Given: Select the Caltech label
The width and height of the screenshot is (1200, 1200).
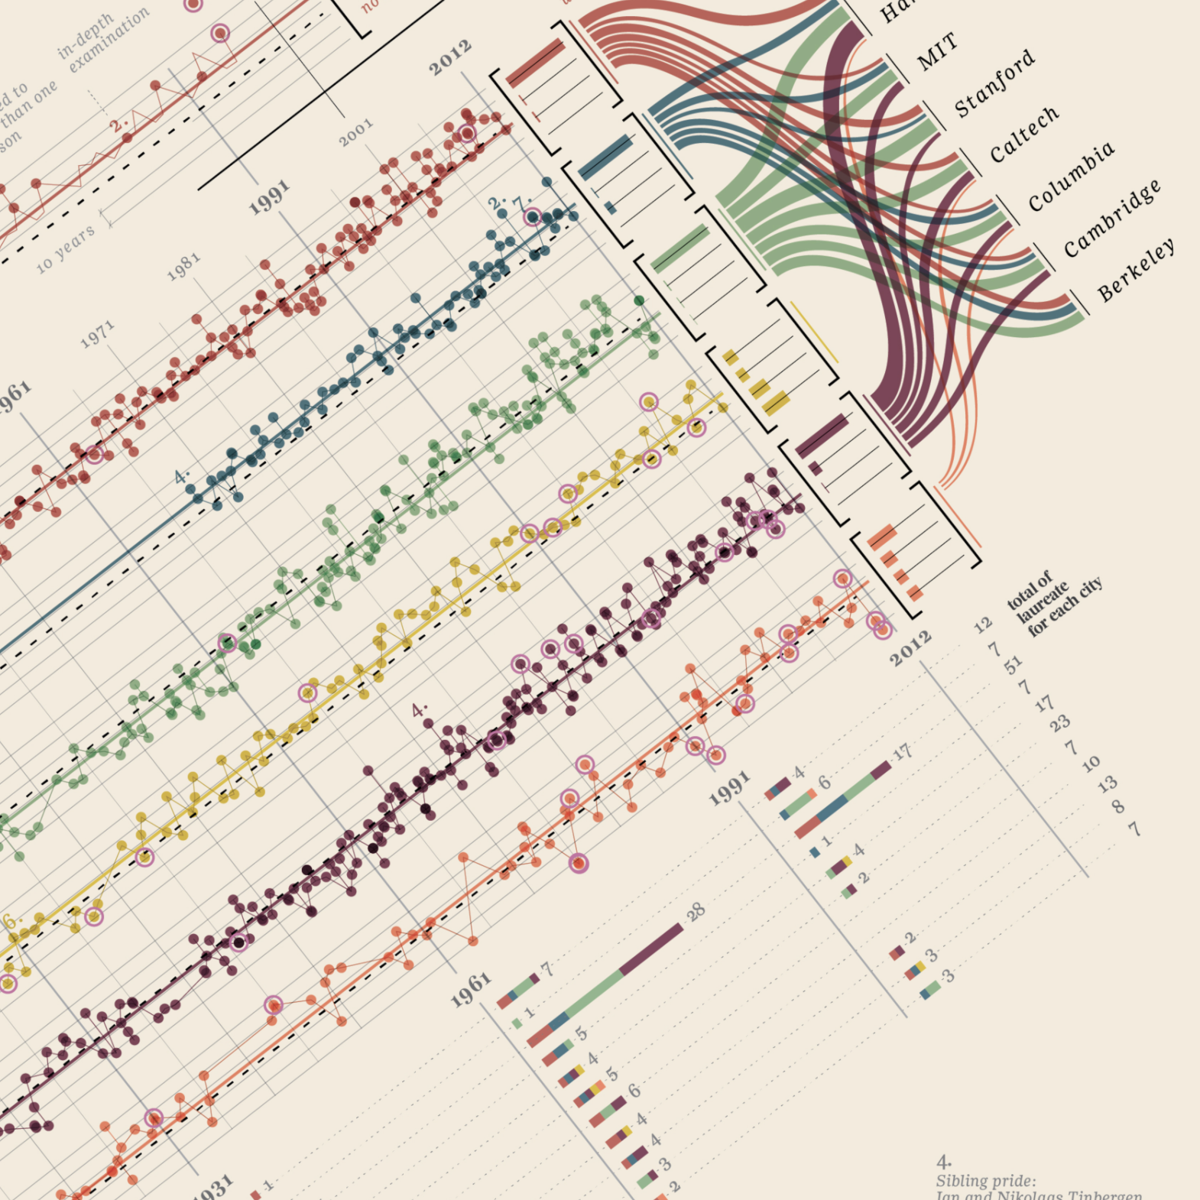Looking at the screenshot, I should click(1024, 135).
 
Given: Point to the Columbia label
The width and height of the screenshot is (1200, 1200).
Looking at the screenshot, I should click(1071, 177).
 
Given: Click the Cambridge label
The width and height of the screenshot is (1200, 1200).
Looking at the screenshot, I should click(1112, 219).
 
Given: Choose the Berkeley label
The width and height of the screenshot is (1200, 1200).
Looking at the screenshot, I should click(1136, 269).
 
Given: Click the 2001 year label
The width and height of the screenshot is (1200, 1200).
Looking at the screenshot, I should click(356, 131).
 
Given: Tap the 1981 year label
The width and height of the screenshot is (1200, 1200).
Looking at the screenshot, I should click(183, 267).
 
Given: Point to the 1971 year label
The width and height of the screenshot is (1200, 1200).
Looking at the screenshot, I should click(98, 335).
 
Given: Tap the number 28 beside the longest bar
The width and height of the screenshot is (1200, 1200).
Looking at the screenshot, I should click(696, 911).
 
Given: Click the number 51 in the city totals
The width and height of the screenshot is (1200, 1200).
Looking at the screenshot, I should click(1013, 666).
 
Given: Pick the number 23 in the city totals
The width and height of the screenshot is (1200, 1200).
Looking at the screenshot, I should click(1059, 722).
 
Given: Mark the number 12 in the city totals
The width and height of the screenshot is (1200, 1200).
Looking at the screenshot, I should click(983, 626).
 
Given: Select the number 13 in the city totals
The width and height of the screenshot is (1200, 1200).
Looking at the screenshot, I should click(1108, 783).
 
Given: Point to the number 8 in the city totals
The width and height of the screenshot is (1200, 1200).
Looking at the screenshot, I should click(1118, 806).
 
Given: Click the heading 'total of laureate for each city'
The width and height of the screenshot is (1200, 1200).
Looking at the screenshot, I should click(1055, 604).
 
